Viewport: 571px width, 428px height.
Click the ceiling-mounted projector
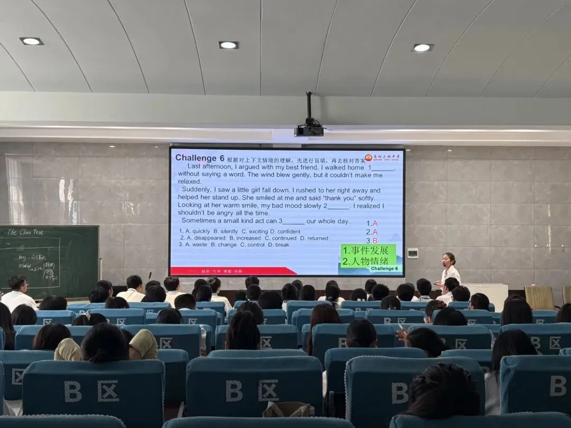[309, 130]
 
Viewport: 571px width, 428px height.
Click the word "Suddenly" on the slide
[196, 190]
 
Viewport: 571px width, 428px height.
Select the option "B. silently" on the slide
[226, 231]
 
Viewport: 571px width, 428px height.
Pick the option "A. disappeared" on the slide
[203, 238]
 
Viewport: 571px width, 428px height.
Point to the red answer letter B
[375, 240]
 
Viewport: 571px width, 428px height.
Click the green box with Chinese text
[368, 256]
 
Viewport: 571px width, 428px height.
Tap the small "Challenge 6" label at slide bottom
[384, 268]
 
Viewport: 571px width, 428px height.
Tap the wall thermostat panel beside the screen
[412, 253]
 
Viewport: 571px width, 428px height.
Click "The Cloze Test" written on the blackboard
[25, 232]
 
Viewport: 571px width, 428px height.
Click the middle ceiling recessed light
[228, 45]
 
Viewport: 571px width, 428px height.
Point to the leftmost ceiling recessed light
[31, 41]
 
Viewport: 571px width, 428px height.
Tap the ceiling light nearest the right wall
[422, 48]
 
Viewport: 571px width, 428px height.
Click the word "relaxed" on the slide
[190, 182]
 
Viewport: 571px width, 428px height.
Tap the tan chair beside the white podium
[539, 297]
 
